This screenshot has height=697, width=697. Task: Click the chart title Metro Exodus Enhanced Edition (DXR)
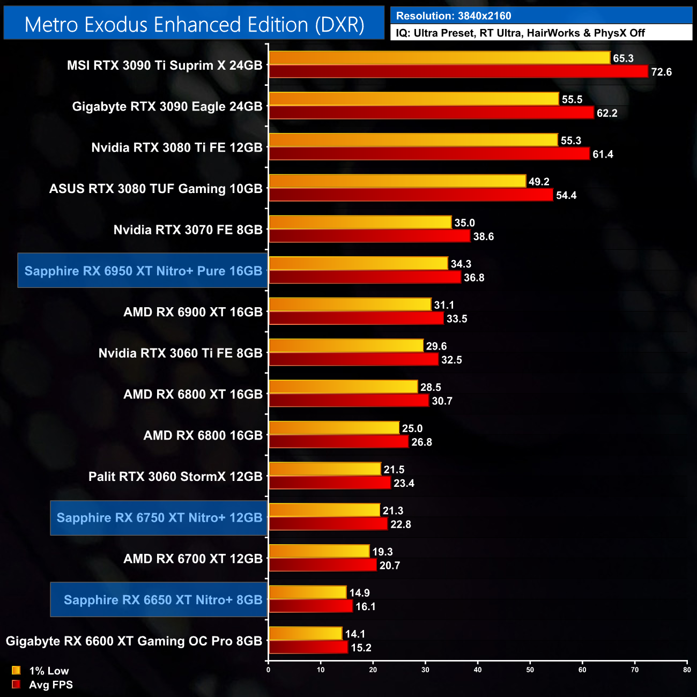(x=194, y=25)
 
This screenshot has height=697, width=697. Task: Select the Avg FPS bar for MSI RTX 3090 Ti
(x=458, y=71)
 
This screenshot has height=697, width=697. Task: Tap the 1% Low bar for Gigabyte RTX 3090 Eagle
(x=414, y=99)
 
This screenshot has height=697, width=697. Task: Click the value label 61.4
(x=603, y=154)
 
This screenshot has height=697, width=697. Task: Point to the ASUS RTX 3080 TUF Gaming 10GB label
(x=156, y=189)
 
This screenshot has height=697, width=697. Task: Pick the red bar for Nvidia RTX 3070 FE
(x=369, y=236)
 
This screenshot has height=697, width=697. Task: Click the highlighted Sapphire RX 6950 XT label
(x=143, y=271)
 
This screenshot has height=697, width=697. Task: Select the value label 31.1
(x=444, y=305)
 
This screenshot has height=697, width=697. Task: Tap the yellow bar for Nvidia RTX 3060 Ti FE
(x=346, y=346)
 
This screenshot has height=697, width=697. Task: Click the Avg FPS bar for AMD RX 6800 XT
(x=349, y=401)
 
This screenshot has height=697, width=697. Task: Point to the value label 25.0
(x=412, y=428)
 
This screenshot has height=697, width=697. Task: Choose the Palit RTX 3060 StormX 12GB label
(x=175, y=477)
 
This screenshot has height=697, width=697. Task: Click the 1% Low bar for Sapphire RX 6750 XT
(x=324, y=510)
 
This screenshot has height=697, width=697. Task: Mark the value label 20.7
(x=389, y=566)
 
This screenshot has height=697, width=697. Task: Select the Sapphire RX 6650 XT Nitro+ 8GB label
(x=163, y=600)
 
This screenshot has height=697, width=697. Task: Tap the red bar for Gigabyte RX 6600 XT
(x=308, y=647)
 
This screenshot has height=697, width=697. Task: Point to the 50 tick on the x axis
(x=530, y=670)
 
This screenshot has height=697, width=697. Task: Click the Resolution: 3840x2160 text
(x=454, y=16)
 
